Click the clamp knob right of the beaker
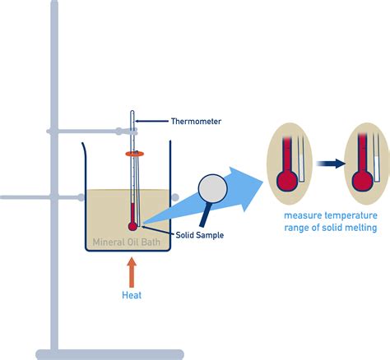[175, 197]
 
